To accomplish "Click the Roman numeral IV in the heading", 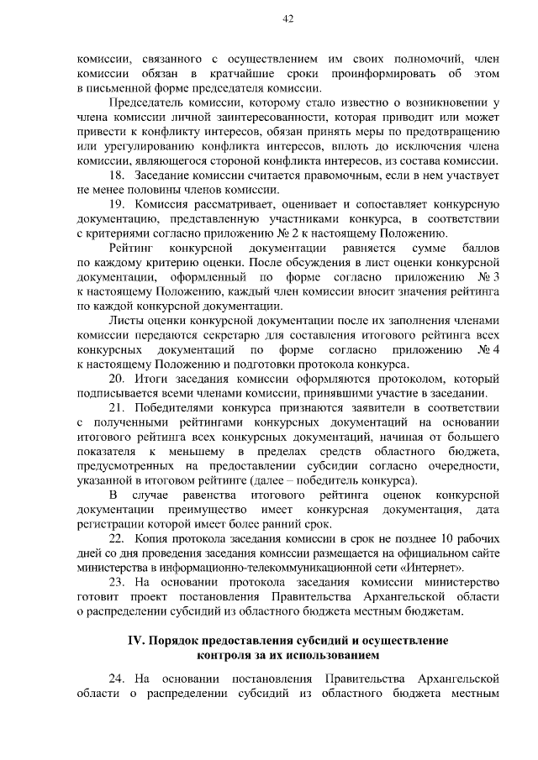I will [x=135, y=641].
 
